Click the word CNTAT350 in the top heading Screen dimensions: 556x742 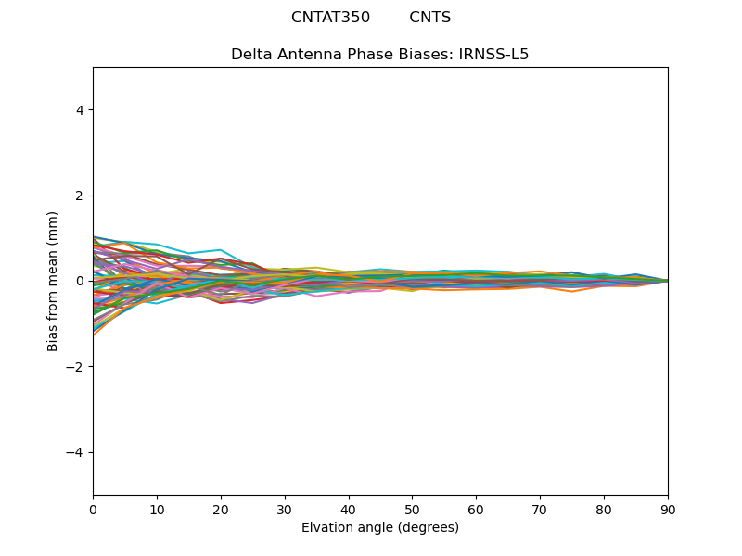click(330, 18)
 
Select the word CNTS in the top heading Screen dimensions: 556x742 click(429, 18)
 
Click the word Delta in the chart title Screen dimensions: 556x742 click(251, 55)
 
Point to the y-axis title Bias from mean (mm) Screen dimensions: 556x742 click(53, 281)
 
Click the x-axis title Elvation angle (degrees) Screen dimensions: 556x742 click(380, 528)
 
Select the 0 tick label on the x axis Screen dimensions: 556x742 click(93, 509)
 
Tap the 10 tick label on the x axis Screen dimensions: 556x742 click(157, 509)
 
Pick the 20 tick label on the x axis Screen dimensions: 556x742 click(221, 509)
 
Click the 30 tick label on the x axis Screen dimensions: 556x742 click(285, 509)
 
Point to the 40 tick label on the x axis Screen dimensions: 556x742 click(349, 509)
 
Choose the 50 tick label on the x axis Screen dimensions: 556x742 click(412, 509)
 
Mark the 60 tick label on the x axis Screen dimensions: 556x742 click(476, 509)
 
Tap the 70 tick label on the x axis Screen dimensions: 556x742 click(540, 509)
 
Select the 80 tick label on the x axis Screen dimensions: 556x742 click(604, 509)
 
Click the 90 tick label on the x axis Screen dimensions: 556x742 click(668, 509)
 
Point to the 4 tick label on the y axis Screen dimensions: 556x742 click(80, 110)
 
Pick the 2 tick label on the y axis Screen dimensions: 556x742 click(80, 196)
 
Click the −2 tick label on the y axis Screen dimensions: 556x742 click(76, 367)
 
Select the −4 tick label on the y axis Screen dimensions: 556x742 click(76, 452)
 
